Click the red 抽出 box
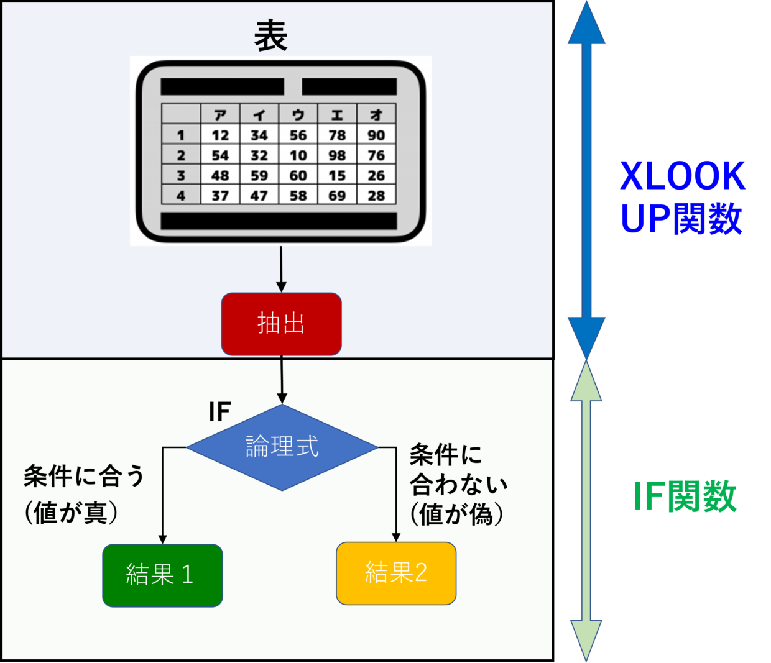281,324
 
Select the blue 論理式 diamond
282,447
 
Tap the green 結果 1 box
163,575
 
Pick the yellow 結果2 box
396,573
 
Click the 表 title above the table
271,36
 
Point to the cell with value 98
337,155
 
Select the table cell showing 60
298,175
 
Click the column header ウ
298,115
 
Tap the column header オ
376,115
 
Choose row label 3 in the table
181,175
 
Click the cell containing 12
220,135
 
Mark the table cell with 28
376,195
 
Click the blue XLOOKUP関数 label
683,198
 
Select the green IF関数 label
685,497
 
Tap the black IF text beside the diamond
219,411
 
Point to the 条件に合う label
84,476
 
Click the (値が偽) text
456,514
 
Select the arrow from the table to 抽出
281,269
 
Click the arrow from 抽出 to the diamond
282,380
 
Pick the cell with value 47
259,195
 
